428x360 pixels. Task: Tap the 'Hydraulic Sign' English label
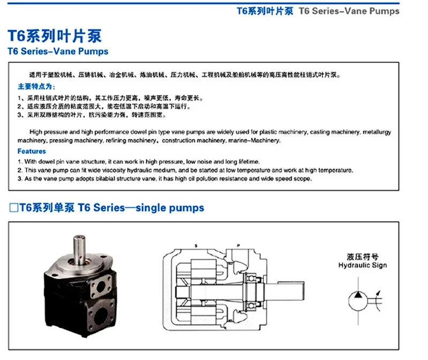363,265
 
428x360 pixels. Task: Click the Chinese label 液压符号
363,257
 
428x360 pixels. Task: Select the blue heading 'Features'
32,151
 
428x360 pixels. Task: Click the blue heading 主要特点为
36,86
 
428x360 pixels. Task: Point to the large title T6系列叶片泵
54,36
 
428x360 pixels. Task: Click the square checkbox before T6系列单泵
14,207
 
